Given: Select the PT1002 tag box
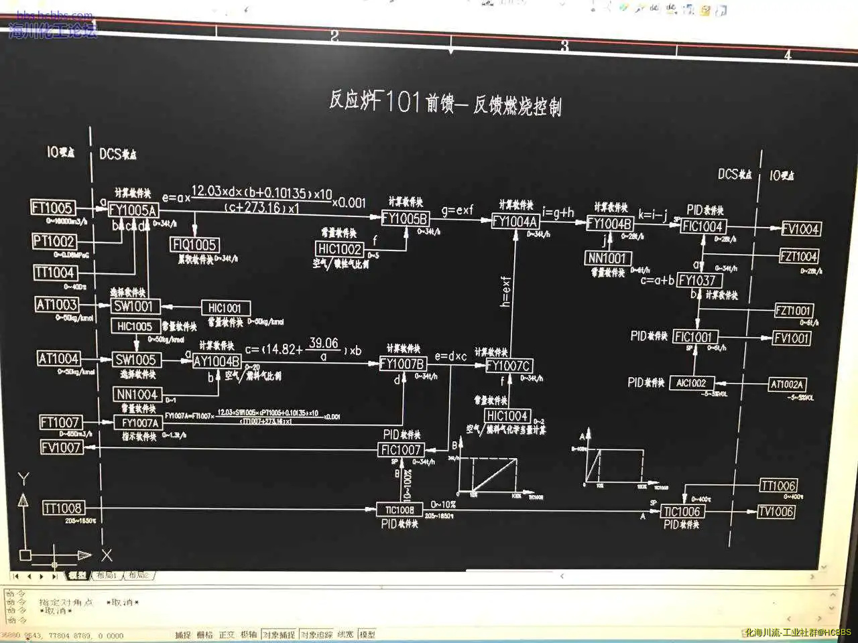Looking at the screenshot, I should pos(54,241).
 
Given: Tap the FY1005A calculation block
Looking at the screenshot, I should pos(133,210).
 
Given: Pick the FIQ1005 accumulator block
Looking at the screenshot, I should pos(194,245).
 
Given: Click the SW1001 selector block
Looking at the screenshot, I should pos(133,306).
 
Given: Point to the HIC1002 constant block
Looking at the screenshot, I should pos(339,249).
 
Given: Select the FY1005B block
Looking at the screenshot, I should pos(404,218).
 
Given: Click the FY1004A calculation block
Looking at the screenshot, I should pos(515,221).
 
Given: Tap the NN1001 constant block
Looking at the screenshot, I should pos(607,258).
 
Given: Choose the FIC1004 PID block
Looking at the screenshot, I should pos(702,226).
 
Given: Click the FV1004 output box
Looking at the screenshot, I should pos(800,229).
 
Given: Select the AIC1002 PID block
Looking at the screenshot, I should pos(690,383).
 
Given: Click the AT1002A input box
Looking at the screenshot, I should pos(786,384).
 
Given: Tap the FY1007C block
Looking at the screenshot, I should pos(508,366).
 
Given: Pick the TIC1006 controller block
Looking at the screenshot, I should pos(681,512).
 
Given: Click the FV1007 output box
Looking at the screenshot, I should pos(61,447).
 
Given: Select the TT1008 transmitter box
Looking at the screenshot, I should pos(62,508).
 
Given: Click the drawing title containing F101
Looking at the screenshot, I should pos(444,102).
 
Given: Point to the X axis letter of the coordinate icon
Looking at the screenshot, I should pos(107,555).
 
